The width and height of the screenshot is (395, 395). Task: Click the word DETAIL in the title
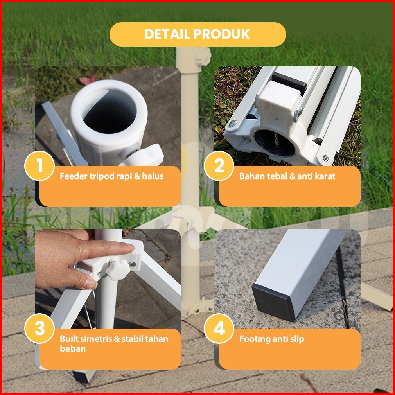click(167, 34)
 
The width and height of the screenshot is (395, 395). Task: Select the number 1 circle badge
click(39, 166)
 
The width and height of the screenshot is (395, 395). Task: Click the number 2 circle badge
click(219, 166)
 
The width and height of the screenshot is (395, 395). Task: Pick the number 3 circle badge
click(39, 329)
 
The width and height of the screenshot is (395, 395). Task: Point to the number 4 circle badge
click(219, 329)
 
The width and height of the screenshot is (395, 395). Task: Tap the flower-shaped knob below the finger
click(118, 270)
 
